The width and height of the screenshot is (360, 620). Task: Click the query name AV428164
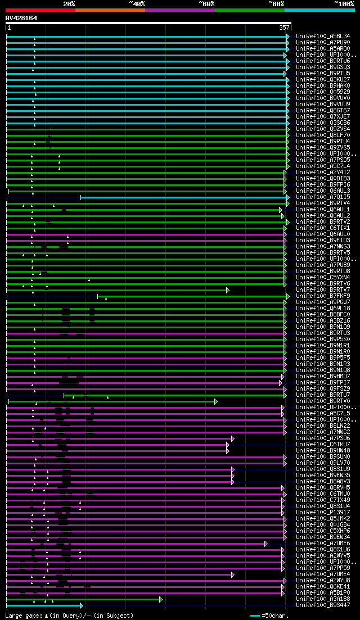pos(21,18)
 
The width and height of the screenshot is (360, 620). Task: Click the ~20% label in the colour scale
pos(69,4)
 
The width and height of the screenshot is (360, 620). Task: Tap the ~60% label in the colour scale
pos(206,4)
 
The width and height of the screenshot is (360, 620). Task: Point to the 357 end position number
pos(284,27)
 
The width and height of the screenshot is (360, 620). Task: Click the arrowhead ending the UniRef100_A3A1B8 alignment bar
pos(161,599)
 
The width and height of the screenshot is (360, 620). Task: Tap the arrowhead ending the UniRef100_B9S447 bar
pos(82,605)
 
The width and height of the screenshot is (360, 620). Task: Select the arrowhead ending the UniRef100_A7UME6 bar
pos(266,544)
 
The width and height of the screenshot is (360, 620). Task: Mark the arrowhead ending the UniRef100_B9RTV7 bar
pos(228,290)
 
